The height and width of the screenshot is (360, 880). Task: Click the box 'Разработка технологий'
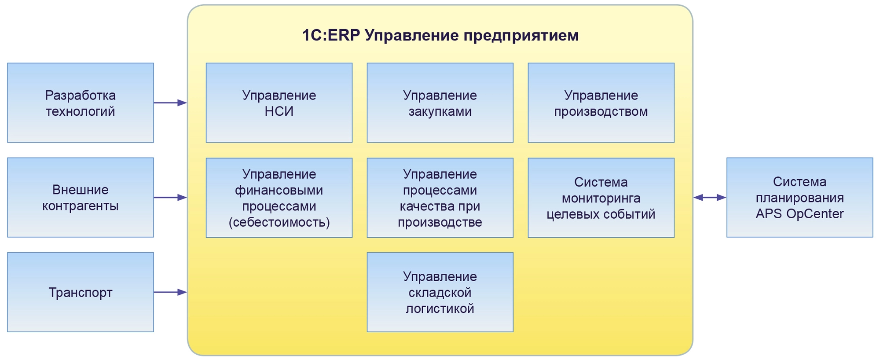81,103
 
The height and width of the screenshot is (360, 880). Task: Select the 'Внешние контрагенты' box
81,197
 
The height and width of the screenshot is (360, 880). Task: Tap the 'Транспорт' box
81,292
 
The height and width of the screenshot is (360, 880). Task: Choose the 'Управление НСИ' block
279,103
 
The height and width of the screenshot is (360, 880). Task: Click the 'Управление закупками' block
440,103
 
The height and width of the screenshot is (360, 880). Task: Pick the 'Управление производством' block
601,103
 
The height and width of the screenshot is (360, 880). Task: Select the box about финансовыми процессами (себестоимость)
279,198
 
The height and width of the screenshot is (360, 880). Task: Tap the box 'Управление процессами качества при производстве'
440,198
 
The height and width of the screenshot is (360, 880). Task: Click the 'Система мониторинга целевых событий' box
601,198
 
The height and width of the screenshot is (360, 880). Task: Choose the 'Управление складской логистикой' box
440,292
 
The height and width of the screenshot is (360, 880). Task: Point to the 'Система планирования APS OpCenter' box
799,197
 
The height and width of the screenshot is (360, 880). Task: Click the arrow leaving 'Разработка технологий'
170,103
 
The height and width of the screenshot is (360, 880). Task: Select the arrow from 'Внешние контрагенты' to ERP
170,198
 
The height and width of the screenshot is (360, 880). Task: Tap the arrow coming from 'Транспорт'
170,292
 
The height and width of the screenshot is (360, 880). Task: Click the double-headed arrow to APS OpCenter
710,198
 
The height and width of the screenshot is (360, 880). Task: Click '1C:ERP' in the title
331,35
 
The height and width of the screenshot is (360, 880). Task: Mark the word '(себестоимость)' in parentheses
279,222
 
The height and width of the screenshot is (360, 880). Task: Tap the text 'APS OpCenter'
799,214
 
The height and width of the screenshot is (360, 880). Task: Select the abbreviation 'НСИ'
279,111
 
